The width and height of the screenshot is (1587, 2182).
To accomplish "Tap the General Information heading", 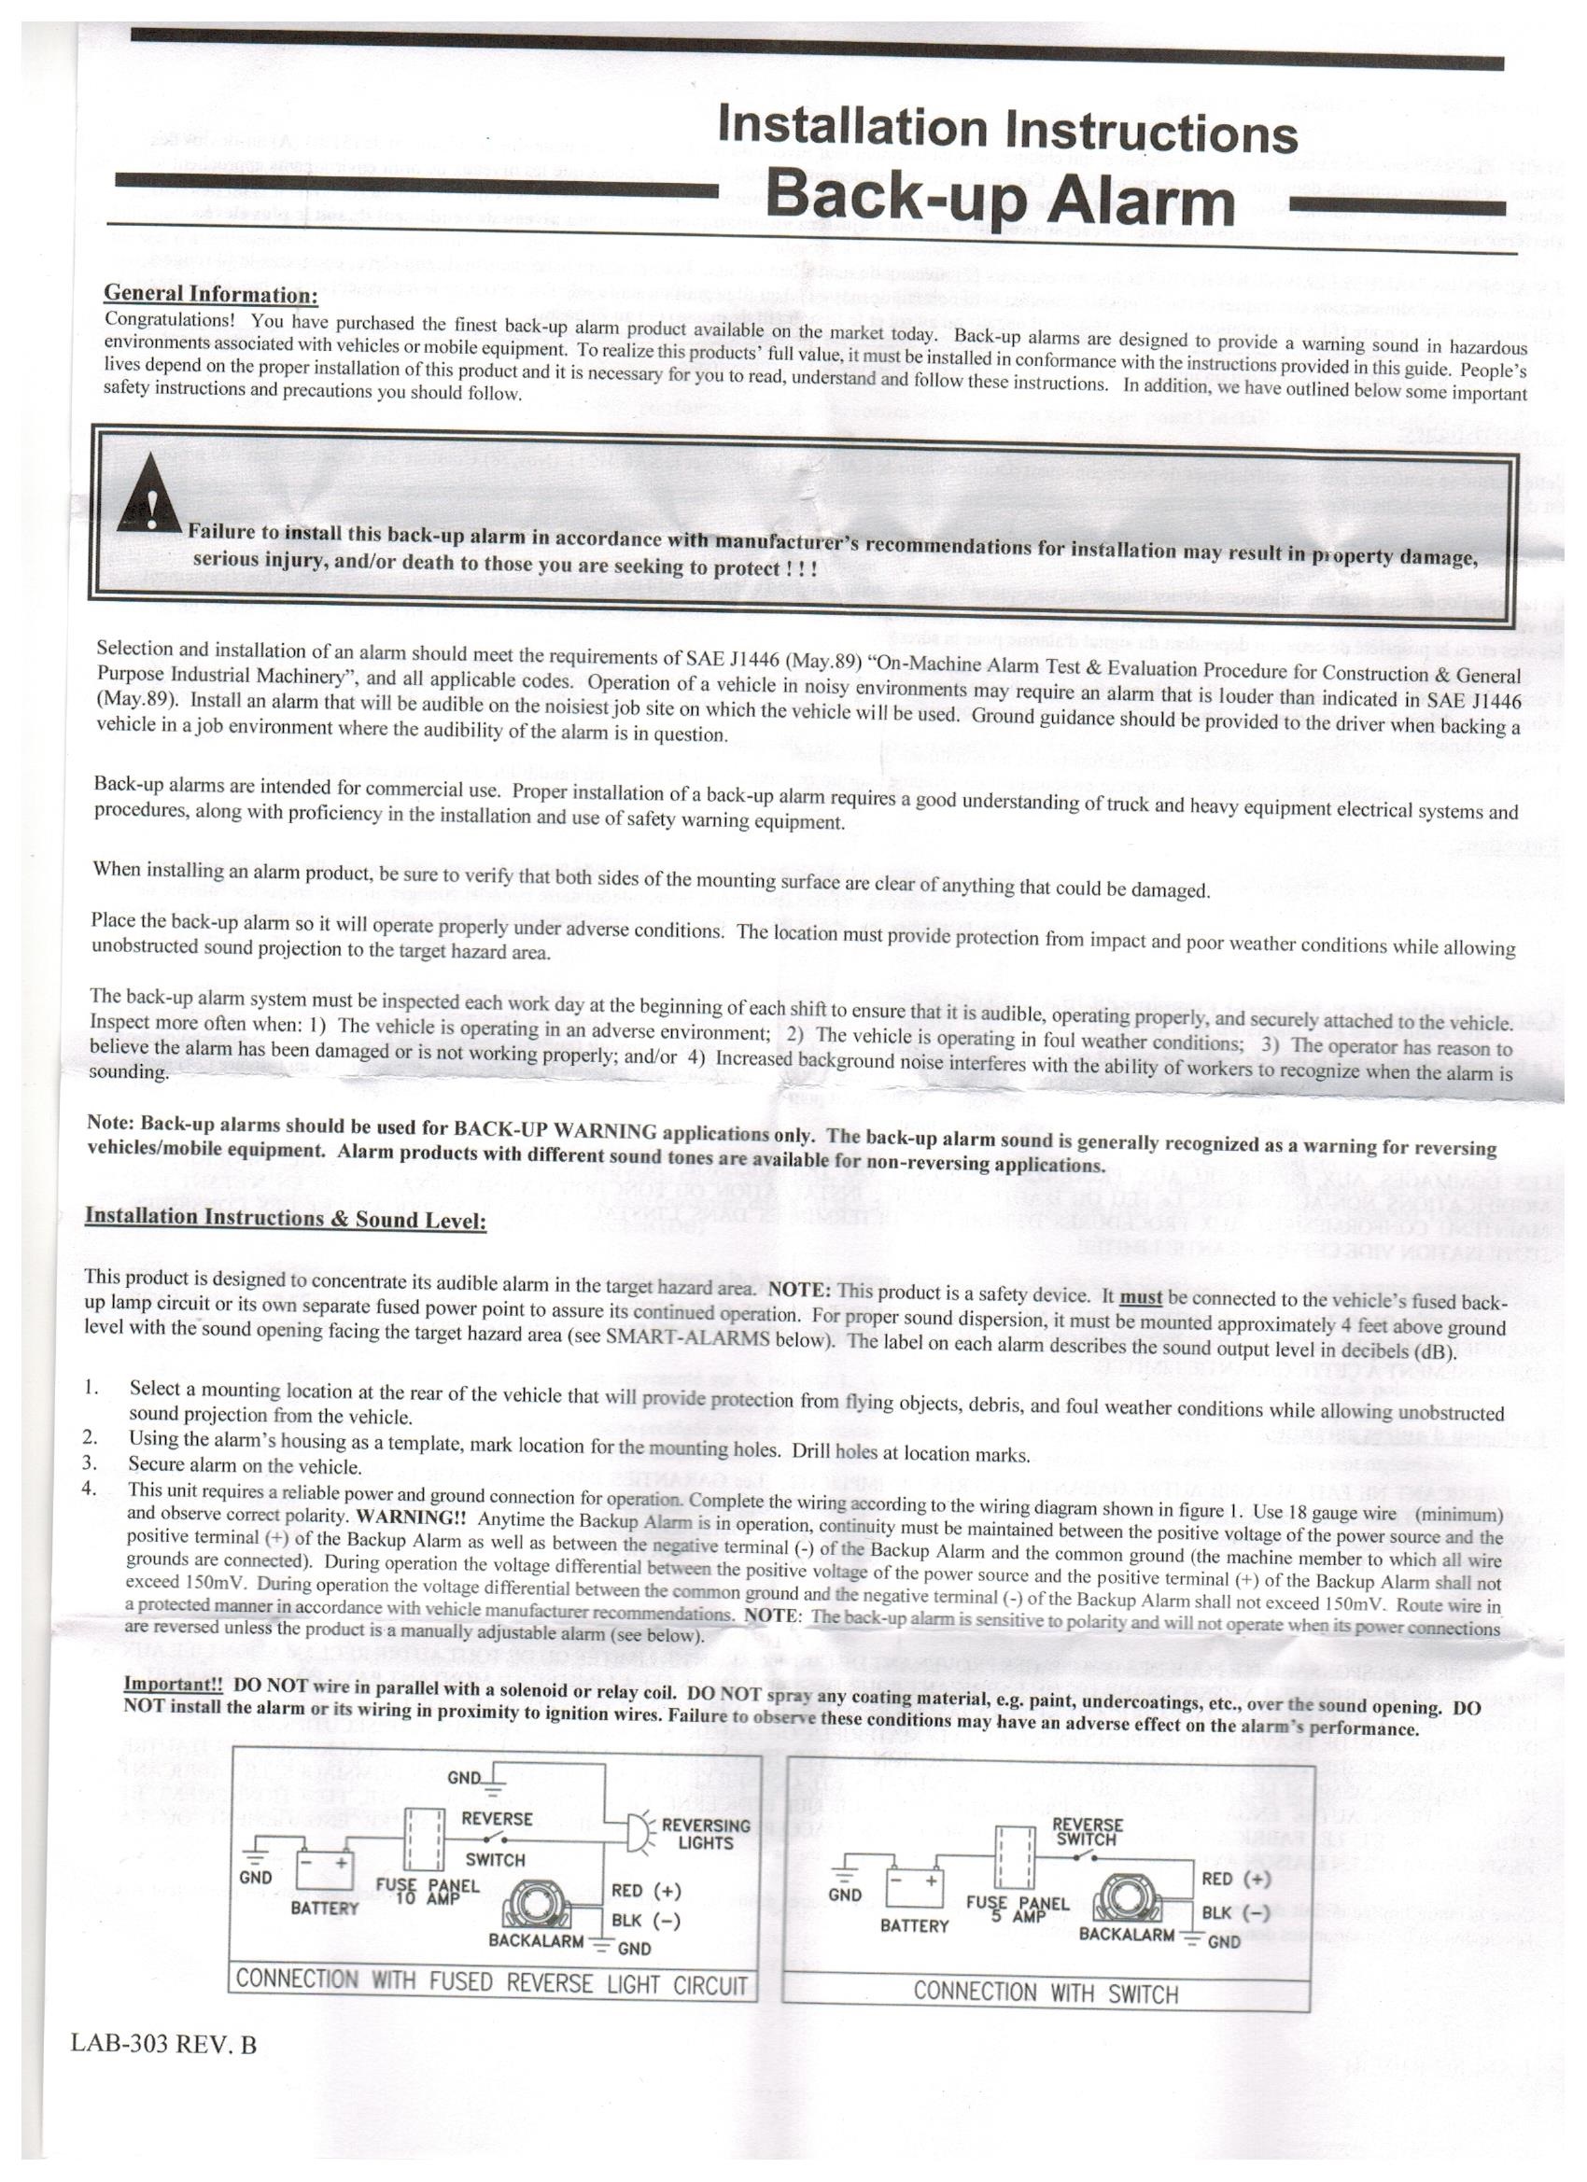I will (x=210, y=292).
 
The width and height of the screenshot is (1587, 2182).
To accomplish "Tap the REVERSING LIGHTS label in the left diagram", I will (x=706, y=1834).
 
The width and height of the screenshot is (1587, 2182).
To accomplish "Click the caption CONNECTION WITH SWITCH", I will (x=1046, y=1993).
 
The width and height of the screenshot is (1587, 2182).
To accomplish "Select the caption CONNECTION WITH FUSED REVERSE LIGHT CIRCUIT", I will (x=491, y=1981).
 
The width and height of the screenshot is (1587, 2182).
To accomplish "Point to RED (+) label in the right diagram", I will (x=1236, y=1878).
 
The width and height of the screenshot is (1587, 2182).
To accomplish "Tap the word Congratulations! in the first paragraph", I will (x=168, y=318).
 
